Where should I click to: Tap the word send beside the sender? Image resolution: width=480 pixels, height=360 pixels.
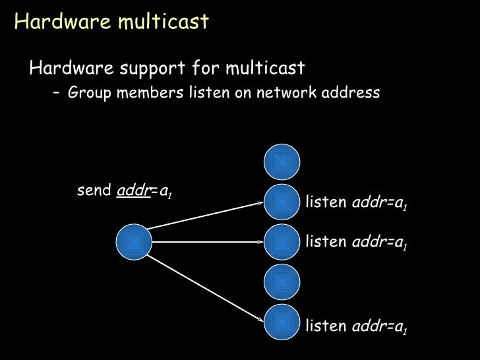click(x=94, y=192)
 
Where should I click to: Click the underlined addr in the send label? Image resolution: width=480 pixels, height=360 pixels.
click(x=131, y=192)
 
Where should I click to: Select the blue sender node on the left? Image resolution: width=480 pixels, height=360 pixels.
click(x=134, y=242)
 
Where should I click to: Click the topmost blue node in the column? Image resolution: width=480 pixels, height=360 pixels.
click(x=282, y=162)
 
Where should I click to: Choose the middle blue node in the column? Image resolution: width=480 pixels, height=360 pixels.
click(x=282, y=242)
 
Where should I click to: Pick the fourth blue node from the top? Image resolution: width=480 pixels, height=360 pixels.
click(x=282, y=283)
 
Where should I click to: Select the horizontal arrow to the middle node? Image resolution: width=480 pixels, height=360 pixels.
click(x=208, y=242)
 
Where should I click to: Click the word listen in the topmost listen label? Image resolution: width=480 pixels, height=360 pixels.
click(x=327, y=202)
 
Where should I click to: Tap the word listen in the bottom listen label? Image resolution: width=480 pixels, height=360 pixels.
click(x=327, y=325)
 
